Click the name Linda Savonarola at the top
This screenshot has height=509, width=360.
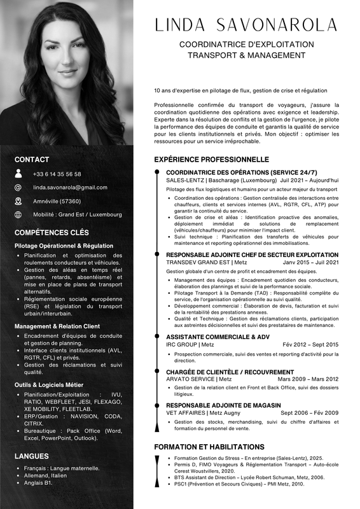(x=246, y=25)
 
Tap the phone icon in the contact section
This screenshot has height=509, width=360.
(x=18, y=173)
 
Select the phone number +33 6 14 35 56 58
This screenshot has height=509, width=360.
(x=57, y=174)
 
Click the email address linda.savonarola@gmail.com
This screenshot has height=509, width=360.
(x=70, y=188)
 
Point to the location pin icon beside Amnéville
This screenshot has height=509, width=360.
(x=18, y=201)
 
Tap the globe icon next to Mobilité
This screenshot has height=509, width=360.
(x=18, y=214)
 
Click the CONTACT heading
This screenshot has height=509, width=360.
(x=32, y=160)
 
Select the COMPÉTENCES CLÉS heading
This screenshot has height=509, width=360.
(x=52, y=233)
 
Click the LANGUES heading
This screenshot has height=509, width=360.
(x=32, y=456)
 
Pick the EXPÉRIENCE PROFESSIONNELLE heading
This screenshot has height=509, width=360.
(x=212, y=159)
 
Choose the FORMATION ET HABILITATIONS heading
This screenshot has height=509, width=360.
(x=209, y=447)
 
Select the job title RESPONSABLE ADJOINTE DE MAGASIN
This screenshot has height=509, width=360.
(x=223, y=405)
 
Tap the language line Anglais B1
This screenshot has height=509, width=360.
(x=39, y=483)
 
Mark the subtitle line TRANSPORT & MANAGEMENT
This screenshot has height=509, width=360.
(x=246, y=55)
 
